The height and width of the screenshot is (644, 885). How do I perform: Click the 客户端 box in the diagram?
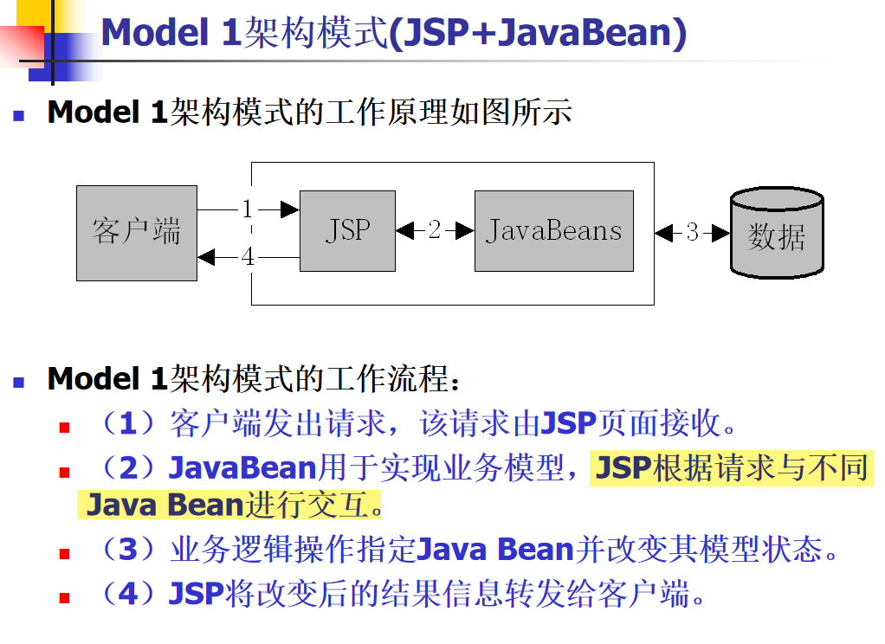pos(136,233)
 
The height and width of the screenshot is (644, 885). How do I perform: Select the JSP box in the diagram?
pos(347,231)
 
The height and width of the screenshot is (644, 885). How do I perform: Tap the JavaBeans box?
pos(554,231)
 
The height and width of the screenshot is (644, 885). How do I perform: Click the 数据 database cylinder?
pos(777,233)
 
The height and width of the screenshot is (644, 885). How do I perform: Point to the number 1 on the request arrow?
pos(248,209)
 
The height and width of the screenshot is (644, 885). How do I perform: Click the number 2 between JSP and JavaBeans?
pos(435,231)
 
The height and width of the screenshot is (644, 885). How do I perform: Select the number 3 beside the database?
pos(692,233)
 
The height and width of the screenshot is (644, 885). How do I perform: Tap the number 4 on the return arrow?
pos(248,257)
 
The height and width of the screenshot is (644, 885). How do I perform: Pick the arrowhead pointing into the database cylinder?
pos(721,233)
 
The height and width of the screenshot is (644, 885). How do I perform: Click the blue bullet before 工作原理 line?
pos(19,114)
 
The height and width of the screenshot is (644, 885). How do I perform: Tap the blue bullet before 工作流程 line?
pos(19,379)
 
